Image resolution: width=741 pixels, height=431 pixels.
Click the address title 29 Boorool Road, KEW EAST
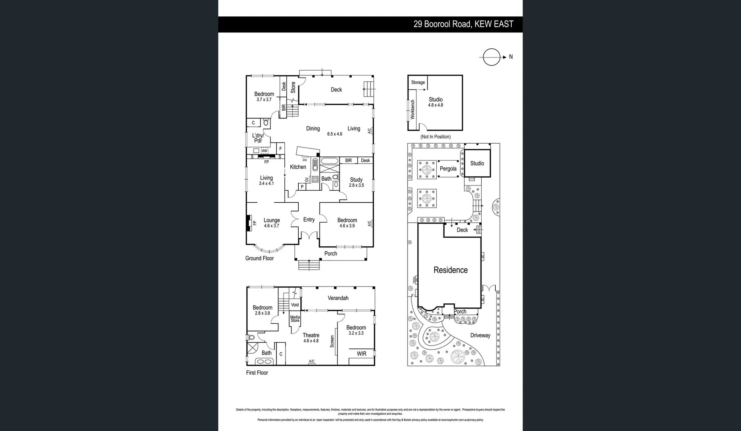[x=463, y=24]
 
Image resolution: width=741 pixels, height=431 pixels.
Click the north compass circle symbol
[x=491, y=57]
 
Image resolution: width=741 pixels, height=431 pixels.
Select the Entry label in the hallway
[x=309, y=219]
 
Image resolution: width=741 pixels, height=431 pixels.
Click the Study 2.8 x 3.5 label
[x=356, y=182]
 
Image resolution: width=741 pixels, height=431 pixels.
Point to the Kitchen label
[x=298, y=167]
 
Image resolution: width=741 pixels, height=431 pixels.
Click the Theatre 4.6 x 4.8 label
[x=311, y=338]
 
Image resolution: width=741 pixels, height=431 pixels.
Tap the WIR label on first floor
[x=361, y=354]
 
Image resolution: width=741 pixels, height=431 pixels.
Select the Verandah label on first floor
[x=338, y=298]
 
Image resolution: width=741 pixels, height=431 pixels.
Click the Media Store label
[x=295, y=319]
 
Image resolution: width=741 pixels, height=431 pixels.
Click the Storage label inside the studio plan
[x=418, y=82]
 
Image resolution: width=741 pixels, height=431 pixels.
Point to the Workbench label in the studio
[x=412, y=110]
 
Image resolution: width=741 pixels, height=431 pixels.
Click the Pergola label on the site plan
[x=448, y=169]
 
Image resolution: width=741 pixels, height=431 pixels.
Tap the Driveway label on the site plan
[x=480, y=335]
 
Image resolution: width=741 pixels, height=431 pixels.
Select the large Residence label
[x=450, y=270]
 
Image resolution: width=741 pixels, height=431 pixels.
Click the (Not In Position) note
[x=436, y=136]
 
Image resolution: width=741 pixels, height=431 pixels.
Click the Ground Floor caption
[x=259, y=258]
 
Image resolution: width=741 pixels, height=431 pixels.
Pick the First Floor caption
[x=257, y=373]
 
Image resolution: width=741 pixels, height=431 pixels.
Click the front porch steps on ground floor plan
[x=309, y=265]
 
